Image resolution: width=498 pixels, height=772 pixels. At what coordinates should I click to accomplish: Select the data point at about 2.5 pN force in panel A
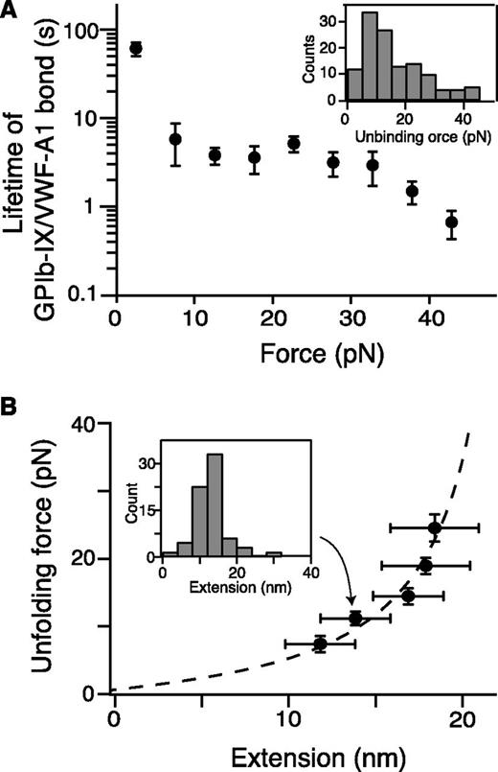point(136,48)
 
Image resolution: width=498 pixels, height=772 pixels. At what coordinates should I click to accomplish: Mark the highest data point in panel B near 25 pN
point(435,527)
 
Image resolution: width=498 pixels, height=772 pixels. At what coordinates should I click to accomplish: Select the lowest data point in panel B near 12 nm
point(320,644)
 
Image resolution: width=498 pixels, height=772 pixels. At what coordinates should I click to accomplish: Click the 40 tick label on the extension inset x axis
point(310,573)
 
